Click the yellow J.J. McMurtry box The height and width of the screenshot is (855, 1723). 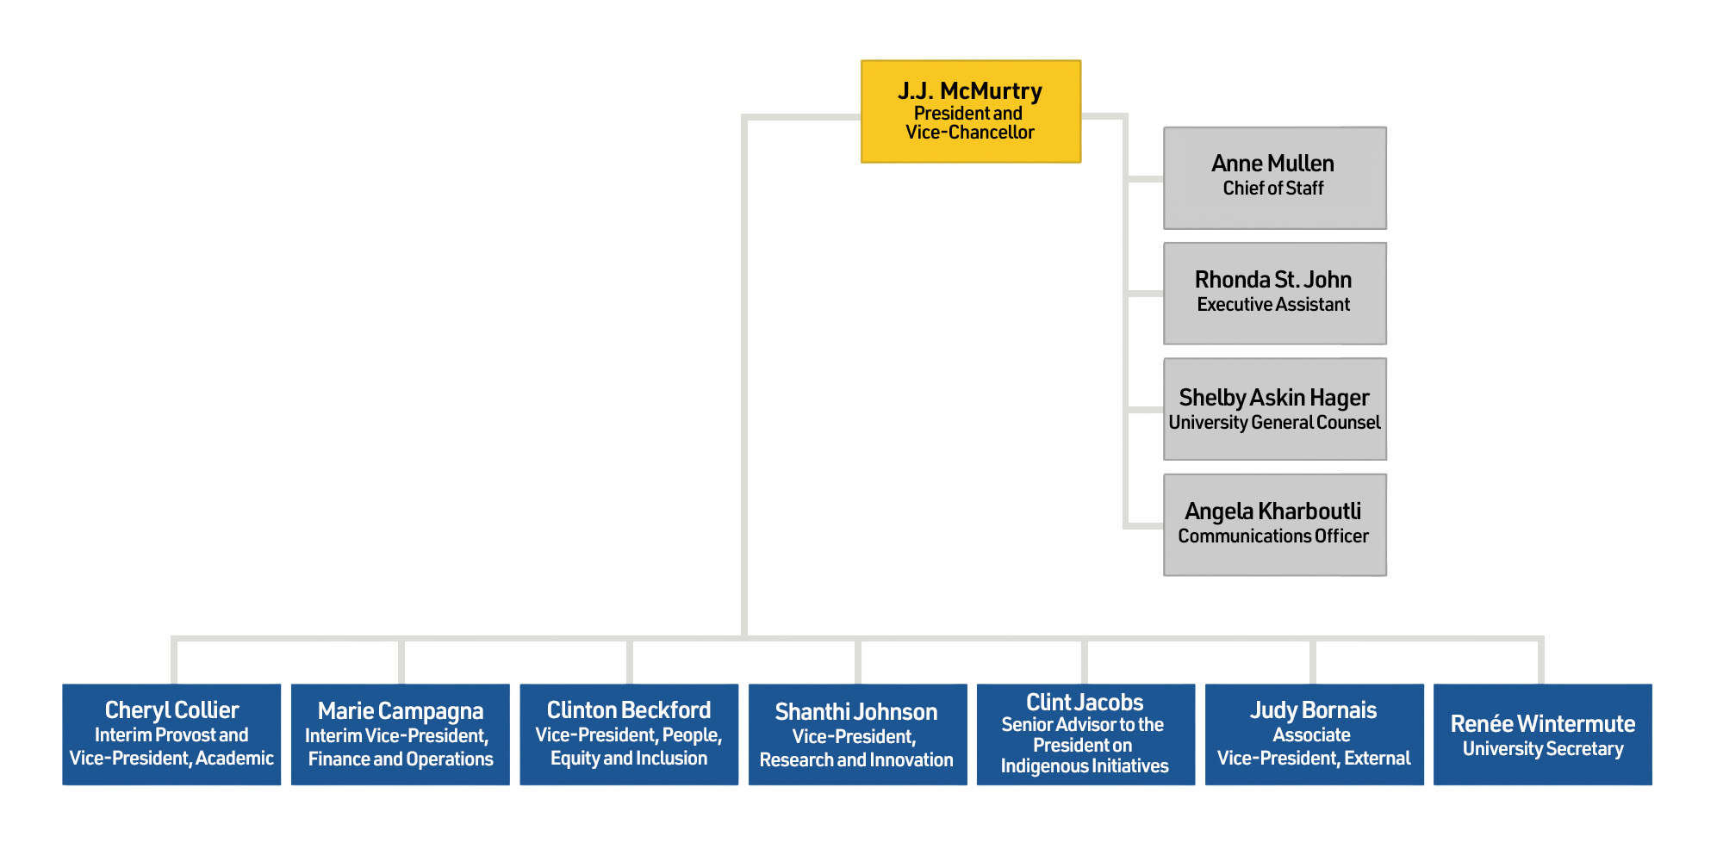click(971, 111)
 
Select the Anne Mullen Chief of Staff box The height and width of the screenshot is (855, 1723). click(1274, 178)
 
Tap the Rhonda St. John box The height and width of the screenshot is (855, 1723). click(1274, 294)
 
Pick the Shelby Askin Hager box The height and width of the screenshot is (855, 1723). click(1274, 409)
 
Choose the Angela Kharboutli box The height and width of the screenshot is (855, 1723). click(1274, 524)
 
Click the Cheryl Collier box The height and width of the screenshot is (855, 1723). click(171, 734)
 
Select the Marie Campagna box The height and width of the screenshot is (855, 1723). click(401, 734)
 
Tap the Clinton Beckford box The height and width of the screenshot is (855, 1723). click(629, 734)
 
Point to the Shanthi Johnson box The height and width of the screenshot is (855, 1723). click(857, 734)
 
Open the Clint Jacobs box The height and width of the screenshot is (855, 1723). click(1085, 734)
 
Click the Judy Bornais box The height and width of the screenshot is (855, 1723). click(1314, 734)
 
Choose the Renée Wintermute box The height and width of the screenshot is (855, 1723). click(1542, 734)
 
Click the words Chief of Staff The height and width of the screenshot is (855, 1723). click(1273, 189)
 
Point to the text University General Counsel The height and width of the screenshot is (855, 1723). click(1274, 423)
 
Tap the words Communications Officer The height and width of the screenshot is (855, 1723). click(1273, 536)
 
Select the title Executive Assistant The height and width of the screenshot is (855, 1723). click(1273, 305)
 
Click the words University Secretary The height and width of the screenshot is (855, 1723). click(1543, 749)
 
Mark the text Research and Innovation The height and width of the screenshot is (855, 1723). click(856, 760)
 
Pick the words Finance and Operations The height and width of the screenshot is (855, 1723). click(401, 759)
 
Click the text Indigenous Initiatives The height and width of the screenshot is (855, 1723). click(1085, 766)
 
